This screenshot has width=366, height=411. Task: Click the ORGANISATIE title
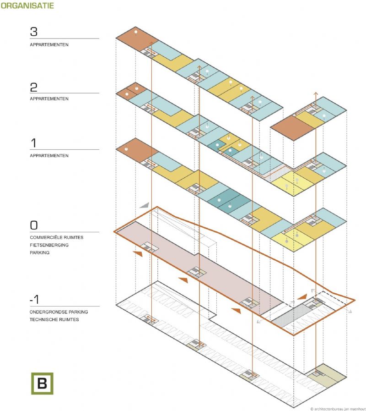point(27,6)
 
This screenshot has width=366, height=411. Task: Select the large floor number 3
point(34,32)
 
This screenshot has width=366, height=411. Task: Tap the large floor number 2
point(34,87)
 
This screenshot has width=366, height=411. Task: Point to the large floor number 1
point(33,143)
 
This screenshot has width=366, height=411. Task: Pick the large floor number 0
point(34,225)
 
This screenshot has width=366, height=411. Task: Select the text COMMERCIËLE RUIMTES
point(57,238)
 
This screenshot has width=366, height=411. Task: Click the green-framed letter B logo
point(42,383)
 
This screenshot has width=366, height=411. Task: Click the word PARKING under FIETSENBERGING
point(40,252)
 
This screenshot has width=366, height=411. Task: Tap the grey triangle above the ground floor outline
point(145,205)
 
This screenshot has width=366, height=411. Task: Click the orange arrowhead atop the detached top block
point(315,93)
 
